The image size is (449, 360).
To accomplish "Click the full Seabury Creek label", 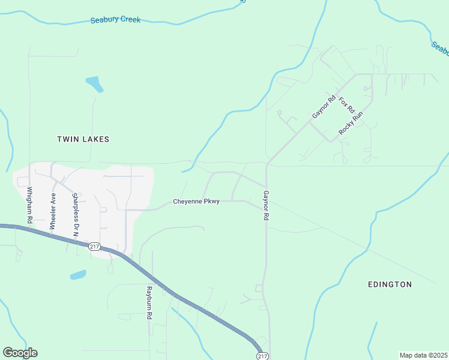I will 115,20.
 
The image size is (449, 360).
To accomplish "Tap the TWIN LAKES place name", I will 83,139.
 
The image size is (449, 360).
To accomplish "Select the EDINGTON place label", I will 390,284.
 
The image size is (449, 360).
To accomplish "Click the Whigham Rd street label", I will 29,205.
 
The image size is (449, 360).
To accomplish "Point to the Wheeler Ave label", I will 53,211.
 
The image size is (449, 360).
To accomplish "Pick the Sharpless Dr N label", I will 76,215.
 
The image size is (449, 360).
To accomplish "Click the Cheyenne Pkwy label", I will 196,202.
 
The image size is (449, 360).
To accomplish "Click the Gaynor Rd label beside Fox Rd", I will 323,107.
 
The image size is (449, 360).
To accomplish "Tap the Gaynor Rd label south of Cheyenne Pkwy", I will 265,205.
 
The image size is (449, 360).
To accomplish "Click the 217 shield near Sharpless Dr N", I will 94,247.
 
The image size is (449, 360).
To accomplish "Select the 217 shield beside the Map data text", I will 262,356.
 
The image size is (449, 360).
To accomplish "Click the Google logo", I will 20,353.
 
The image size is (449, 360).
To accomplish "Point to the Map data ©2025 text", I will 423,355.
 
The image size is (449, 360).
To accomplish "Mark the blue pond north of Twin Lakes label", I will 94,83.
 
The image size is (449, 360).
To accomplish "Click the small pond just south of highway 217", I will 78,275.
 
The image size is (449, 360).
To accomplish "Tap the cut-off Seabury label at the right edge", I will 439,48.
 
